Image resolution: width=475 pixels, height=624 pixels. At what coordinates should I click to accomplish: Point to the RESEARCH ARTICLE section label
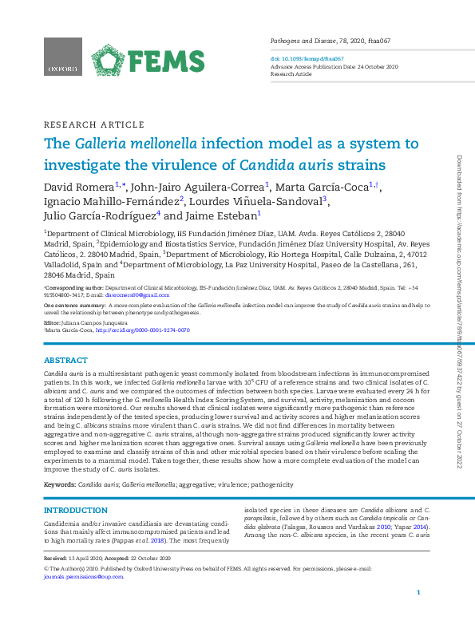click(93, 125)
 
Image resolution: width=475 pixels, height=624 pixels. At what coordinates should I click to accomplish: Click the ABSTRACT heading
click(65, 361)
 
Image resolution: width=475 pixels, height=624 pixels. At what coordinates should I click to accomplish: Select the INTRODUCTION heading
click(75, 511)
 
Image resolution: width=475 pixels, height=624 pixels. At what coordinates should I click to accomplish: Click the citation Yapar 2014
click(414, 527)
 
